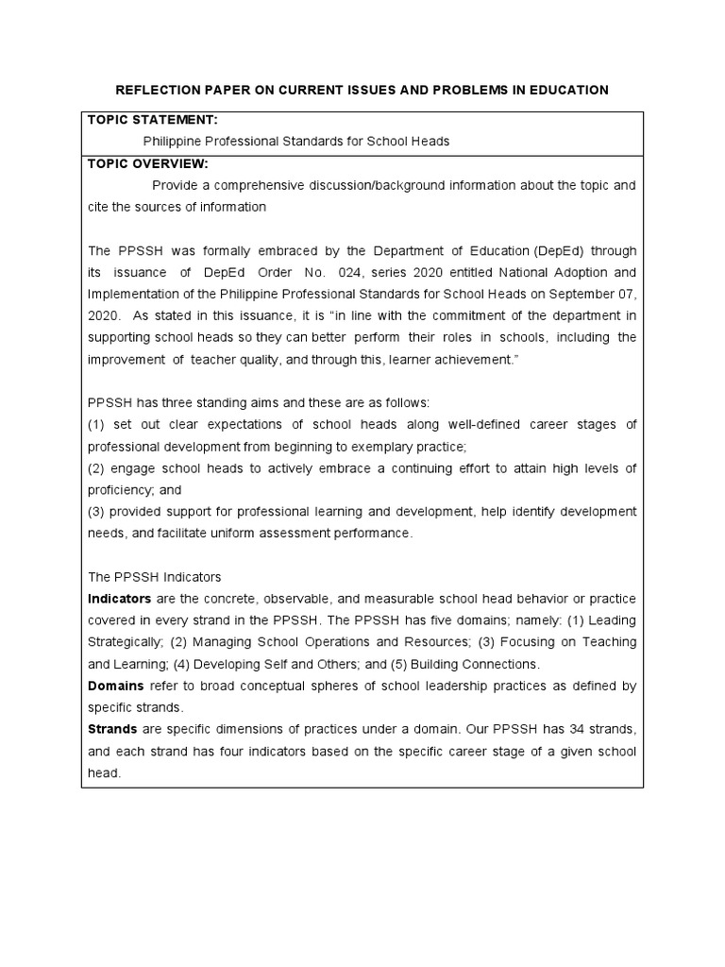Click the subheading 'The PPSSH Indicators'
coord(155,577)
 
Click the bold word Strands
coord(112,729)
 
